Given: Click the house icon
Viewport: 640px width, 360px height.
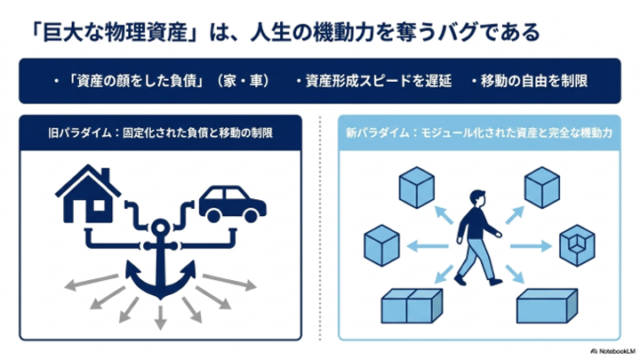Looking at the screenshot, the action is coord(88,194).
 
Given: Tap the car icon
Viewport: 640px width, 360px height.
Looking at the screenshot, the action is coord(232,204).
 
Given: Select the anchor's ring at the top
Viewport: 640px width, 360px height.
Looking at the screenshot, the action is coord(160,227).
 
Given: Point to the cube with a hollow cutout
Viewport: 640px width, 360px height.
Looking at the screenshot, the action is coord(577,245).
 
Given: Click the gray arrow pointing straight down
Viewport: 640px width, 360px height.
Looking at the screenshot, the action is coord(160,317).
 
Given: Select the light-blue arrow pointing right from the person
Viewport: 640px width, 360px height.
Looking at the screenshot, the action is coord(531,245).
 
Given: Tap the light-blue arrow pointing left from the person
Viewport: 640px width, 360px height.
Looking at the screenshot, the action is coord(428,245).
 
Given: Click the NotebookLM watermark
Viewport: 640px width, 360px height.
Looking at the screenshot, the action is coord(612,351).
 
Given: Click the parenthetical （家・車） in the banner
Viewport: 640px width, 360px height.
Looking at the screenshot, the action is coord(244,81).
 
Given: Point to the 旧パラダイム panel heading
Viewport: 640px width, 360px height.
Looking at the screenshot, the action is coord(160,133).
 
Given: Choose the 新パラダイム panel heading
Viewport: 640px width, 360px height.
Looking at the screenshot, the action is coord(479,133).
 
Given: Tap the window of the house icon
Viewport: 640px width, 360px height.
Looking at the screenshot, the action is coord(99,205).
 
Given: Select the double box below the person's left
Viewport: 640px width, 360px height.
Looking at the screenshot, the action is coord(412,306).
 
